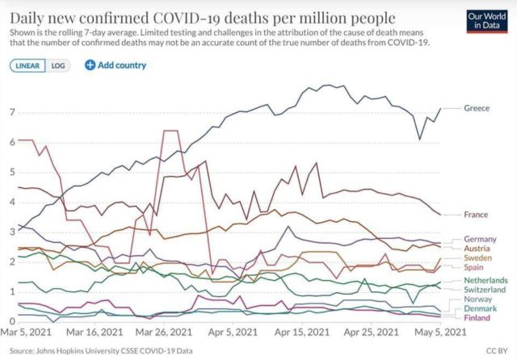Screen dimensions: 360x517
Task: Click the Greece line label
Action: tap(477, 109)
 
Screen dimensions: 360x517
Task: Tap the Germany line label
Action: tap(480, 240)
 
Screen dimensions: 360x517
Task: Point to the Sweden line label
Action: tap(478, 258)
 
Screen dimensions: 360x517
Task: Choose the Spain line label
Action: tap(475, 267)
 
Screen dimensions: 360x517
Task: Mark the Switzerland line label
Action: tap(485, 289)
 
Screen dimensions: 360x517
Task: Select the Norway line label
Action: tap(478, 299)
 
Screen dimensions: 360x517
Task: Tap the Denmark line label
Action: tap(481, 309)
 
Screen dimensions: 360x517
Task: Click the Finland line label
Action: tap(478, 318)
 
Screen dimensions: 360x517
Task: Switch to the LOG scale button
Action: tap(57, 65)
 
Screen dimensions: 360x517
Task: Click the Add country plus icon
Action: tap(90, 65)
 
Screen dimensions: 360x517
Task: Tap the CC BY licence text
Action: tap(495, 350)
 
